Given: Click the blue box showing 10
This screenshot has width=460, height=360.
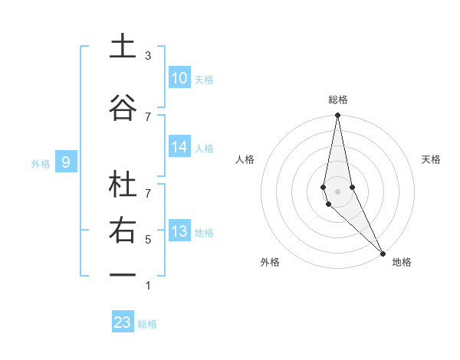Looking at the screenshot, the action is [179, 78].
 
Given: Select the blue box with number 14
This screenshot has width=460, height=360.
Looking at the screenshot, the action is [179, 148].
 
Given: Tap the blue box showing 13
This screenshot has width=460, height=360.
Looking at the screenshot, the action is [179, 232].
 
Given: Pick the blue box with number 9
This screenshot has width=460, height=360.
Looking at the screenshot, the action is [66, 162].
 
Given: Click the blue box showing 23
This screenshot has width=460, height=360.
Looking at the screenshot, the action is [123, 322].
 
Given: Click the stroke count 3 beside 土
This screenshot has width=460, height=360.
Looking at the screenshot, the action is [148, 56].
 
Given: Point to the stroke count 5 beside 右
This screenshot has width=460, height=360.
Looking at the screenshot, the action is [148, 240].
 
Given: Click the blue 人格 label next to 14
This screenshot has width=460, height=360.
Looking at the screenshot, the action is [204, 149].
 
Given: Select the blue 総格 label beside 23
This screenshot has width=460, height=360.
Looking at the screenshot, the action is [147, 324].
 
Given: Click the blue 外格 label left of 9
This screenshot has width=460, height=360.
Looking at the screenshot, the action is [41, 163].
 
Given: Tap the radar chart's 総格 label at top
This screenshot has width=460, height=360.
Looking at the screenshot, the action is [338, 100].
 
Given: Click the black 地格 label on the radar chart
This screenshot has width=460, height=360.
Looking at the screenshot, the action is [402, 262].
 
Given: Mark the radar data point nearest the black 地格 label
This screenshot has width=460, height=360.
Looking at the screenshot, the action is [382, 253].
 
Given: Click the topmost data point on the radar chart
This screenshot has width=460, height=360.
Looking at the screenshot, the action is [337, 116].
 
